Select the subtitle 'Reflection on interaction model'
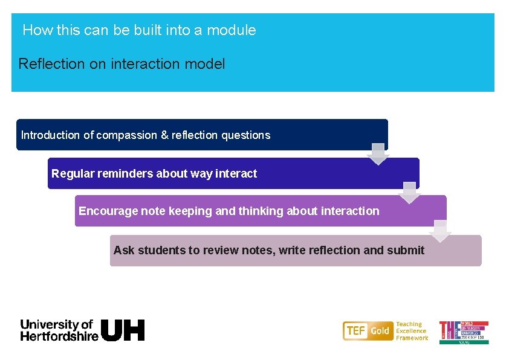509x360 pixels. tap(122, 63)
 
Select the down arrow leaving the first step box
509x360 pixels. tap(378, 155)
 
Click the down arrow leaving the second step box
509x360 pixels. tap(409, 193)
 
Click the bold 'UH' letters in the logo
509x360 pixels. tap(123, 330)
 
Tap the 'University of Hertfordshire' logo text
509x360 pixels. tap(59, 330)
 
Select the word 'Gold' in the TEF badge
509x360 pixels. tap(380, 331)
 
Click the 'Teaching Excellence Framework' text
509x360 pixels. tap(412, 331)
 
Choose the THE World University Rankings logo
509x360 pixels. tap(464, 332)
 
